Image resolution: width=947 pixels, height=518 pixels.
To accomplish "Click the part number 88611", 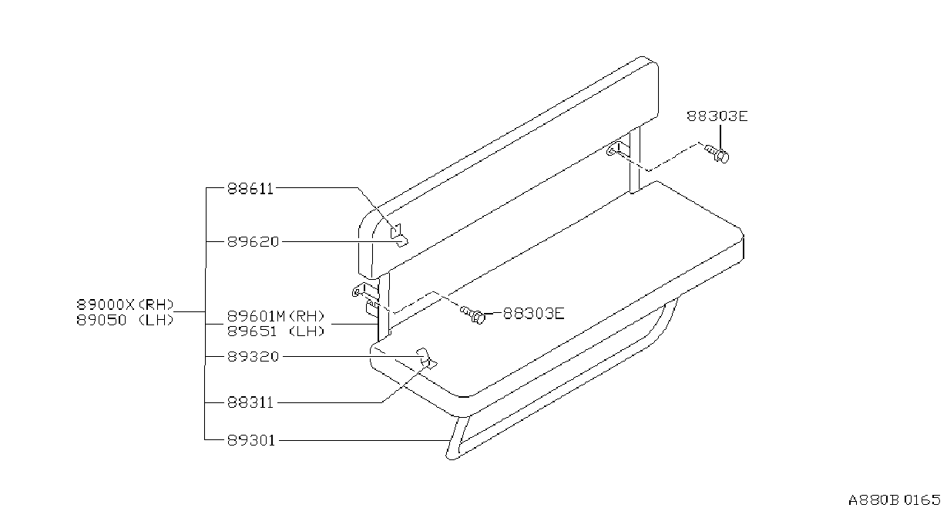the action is (x=250, y=188).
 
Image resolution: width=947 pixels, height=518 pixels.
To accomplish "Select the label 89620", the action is (x=254, y=242).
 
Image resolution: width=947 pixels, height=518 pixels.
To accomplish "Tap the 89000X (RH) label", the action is (x=125, y=304).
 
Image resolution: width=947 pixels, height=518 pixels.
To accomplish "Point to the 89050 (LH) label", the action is (x=125, y=321).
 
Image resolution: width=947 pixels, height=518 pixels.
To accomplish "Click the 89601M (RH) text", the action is (x=276, y=316).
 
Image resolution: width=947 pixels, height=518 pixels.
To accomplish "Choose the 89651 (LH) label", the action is (x=276, y=331).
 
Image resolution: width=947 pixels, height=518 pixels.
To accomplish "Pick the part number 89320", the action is (x=254, y=357).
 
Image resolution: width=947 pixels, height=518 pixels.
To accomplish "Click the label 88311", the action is (x=250, y=402).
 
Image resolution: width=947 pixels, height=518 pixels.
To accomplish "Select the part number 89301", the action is (x=251, y=441).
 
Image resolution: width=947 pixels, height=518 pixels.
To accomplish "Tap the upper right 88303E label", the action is (x=717, y=116).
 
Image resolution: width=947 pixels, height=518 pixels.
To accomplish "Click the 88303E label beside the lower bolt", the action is (x=533, y=314).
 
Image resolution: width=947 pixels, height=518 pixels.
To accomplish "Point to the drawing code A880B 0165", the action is (x=894, y=501).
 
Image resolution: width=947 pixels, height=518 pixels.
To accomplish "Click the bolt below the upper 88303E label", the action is (x=717, y=153).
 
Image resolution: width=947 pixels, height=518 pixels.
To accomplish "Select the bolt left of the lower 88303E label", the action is (x=473, y=314).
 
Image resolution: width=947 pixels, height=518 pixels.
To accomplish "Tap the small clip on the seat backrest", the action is (x=398, y=235).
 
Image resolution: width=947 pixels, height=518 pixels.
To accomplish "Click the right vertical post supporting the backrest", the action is (x=634, y=160).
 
